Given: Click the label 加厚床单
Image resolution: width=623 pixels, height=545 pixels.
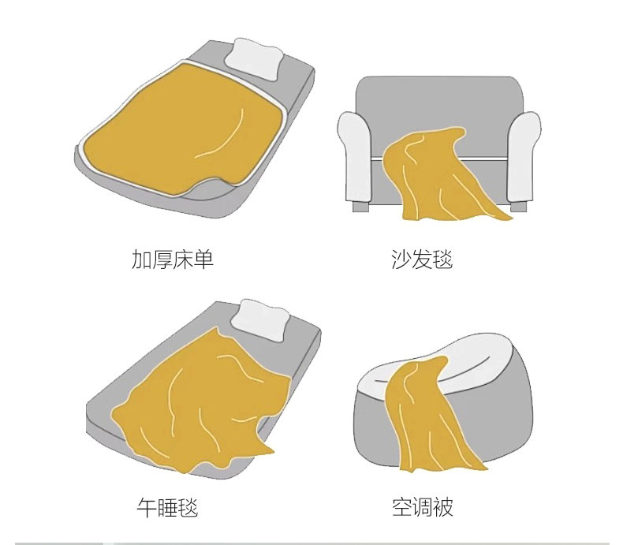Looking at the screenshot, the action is [x=173, y=259].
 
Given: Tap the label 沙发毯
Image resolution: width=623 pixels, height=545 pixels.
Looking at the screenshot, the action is [x=422, y=259].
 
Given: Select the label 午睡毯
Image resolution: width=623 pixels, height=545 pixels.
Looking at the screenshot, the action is [x=167, y=507].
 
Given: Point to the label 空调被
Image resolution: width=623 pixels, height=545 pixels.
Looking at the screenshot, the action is [x=423, y=507].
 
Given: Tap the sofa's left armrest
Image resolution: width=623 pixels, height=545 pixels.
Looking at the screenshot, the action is [x=355, y=157].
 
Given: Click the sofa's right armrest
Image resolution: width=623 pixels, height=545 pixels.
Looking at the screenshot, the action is [x=524, y=157].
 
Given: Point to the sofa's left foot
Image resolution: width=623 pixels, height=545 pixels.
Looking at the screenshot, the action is [x=360, y=206].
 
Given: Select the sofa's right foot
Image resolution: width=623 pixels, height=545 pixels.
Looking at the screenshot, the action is [x=518, y=206].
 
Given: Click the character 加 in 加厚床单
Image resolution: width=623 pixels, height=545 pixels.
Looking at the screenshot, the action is [x=141, y=259].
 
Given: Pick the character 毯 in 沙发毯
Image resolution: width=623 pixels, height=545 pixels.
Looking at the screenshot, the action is [x=442, y=259].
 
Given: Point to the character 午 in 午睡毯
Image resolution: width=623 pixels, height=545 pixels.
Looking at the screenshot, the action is [x=147, y=507].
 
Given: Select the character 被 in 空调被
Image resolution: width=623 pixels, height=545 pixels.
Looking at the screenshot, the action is [x=443, y=507].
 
